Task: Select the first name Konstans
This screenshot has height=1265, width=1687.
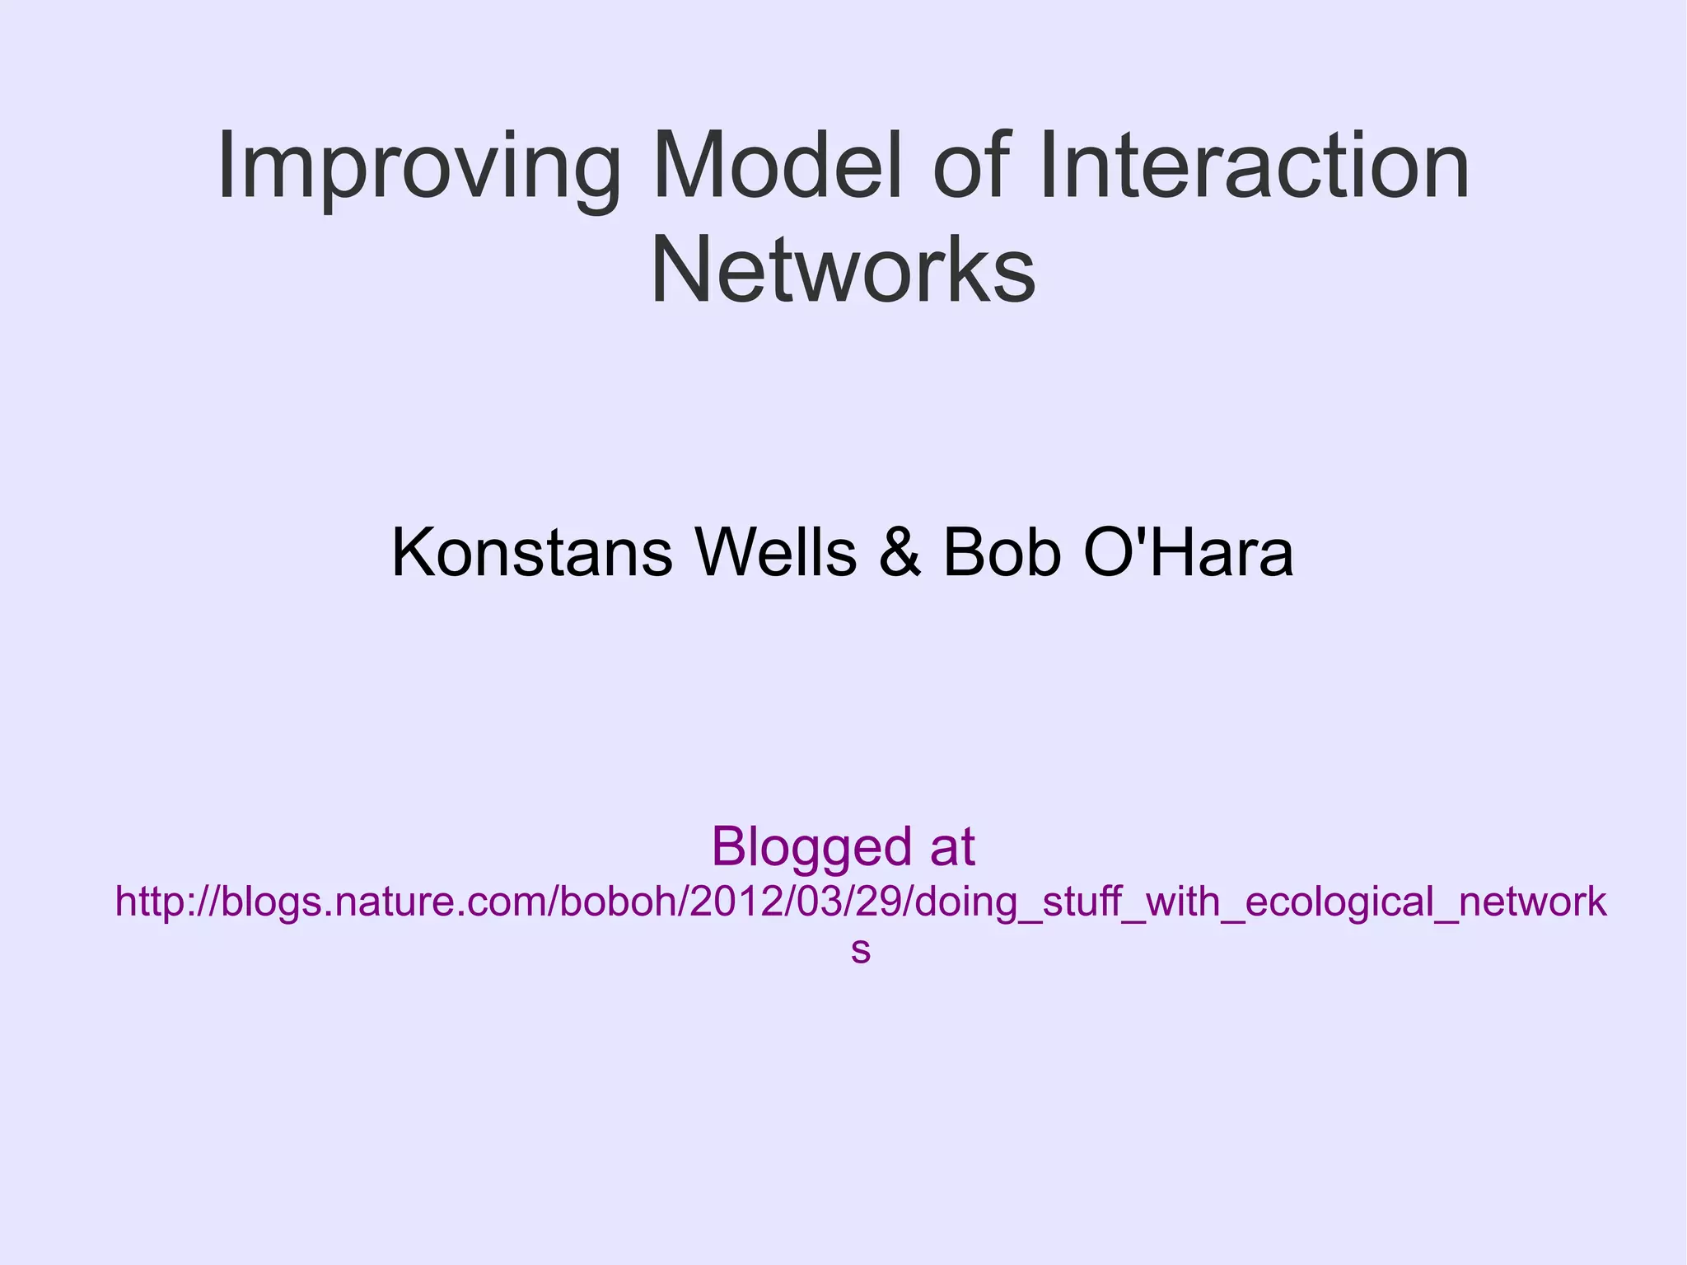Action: tap(531, 553)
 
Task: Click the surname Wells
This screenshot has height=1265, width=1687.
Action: tap(775, 553)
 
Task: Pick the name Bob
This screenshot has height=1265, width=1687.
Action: tap(1001, 553)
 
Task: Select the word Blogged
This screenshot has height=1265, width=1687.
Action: tap(811, 847)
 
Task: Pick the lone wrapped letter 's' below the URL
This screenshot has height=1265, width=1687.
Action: tap(860, 950)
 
